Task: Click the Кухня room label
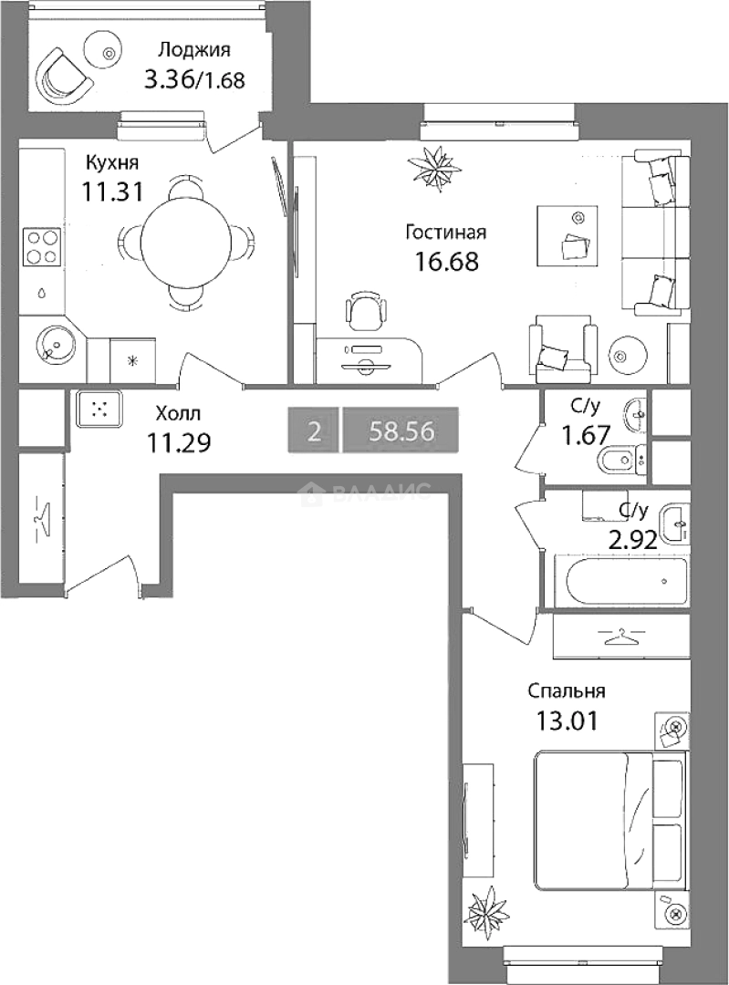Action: [x=112, y=163]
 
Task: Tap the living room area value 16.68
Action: [x=446, y=262]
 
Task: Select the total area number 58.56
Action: [x=401, y=431]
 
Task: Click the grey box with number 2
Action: [x=314, y=430]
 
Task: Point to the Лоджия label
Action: [x=194, y=49]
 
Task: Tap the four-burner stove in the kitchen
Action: [x=41, y=247]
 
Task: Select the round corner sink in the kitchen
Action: [x=57, y=345]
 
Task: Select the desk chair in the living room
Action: [x=364, y=310]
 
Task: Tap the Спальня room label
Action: [x=567, y=691]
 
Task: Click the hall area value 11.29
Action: [x=179, y=443]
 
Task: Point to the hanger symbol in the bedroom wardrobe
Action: [x=621, y=637]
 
